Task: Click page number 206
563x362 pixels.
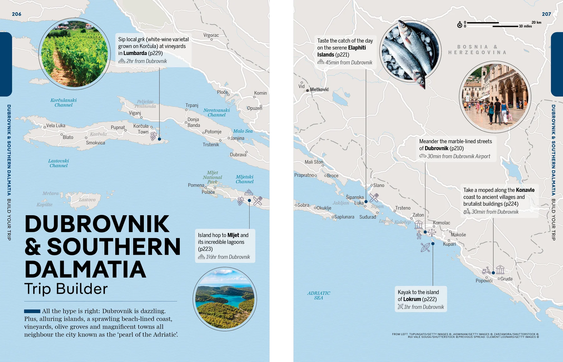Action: pyautogui.click(x=17, y=14)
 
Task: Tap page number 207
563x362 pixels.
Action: pyautogui.click(x=546, y=14)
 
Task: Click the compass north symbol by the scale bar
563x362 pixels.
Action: pyautogui.click(x=459, y=25)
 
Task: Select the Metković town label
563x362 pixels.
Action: pyautogui.click(x=319, y=89)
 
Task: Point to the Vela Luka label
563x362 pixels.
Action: pyautogui.click(x=56, y=126)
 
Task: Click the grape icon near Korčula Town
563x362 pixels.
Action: pyautogui.click(x=153, y=136)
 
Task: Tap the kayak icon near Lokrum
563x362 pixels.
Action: pyautogui.click(x=425, y=247)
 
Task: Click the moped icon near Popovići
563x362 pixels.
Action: pyautogui.click(x=486, y=271)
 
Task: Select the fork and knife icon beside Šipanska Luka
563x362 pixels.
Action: pyautogui.click(x=374, y=197)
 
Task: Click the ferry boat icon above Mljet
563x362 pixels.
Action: pyautogui.click(x=249, y=192)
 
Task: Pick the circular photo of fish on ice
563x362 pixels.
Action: pyautogui.click(x=410, y=52)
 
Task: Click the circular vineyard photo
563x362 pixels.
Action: pyautogui.click(x=74, y=54)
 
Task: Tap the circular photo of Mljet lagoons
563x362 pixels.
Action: pyautogui.click(x=225, y=299)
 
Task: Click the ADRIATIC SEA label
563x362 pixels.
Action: pyautogui.click(x=318, y=295)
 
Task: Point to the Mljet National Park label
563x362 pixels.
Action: pyautogui.click(x=212, y=177)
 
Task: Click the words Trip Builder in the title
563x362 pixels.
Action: pyautogui.click(x=66, y=288)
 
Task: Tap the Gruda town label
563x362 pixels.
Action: pyautogui.click(x=506, y=279)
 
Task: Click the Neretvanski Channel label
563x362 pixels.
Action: pyautogui.click(x=216, y=113)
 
